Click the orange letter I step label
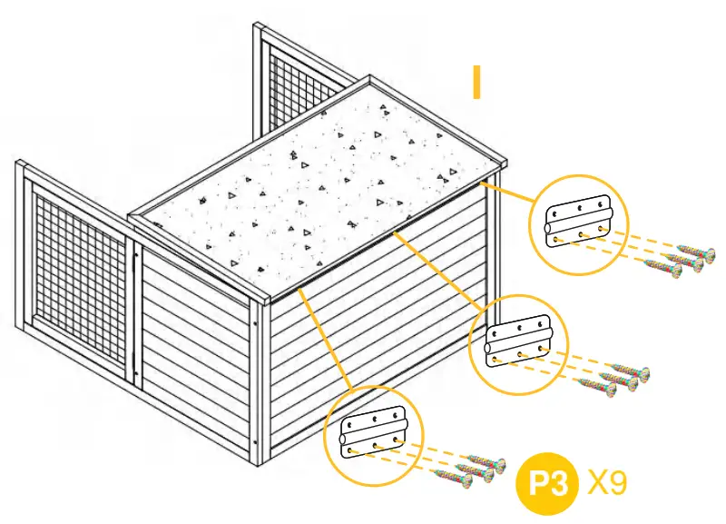[x=476, y=81]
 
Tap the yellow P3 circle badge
[x=546, y=482]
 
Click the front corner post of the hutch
[x=260, y=381]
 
